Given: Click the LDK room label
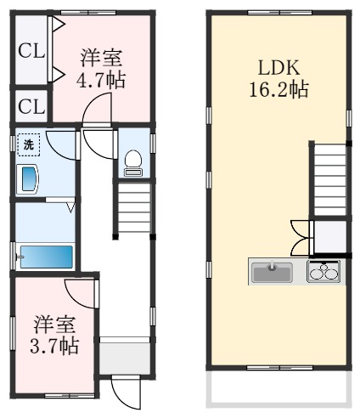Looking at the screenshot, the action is click(278, 68).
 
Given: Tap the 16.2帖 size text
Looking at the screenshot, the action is click(278, 89).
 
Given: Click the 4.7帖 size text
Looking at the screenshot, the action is click(101, 80).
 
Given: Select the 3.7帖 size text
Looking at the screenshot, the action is click(54, 346).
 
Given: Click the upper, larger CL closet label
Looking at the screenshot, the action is click(31, 51).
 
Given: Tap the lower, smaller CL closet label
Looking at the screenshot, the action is click(31, 107).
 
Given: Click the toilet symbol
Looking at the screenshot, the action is click(133, 163).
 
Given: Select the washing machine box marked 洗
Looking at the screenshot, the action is click(28, 144).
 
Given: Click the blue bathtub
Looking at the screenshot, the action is click(47, 257).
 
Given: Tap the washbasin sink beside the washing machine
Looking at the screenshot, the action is click(27, 179).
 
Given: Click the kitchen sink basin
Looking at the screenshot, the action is click(273, 273).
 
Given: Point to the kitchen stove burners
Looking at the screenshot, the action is click(323, 271).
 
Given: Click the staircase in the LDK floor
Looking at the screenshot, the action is click(330, 180).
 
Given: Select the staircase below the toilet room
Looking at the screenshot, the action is click(134, 208).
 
